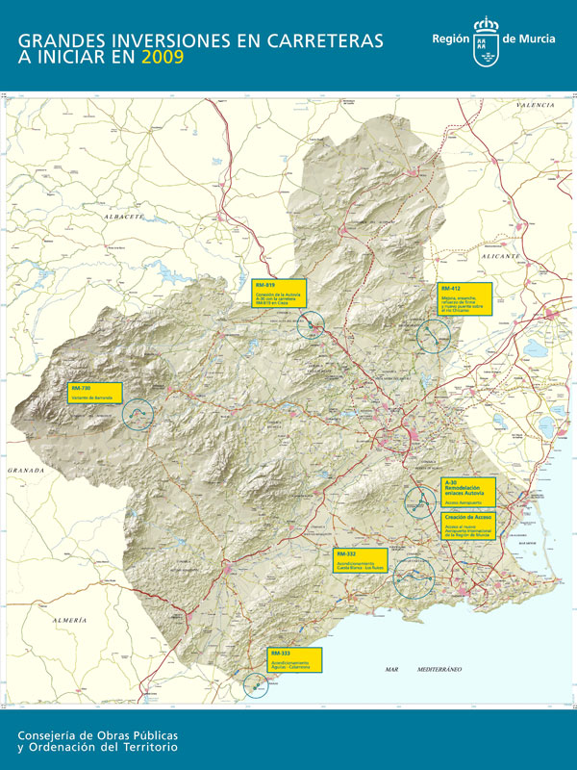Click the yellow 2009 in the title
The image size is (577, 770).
point(161,58)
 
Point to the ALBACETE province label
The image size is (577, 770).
point(124,218)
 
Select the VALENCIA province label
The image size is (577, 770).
point(535,103)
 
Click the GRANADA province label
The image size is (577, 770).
point(26,469)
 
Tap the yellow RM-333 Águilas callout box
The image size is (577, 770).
point(294,659)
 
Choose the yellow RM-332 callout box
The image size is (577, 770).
point(361,561)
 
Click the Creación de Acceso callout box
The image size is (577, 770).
point(468,526)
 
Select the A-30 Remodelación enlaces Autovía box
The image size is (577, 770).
point(468,492)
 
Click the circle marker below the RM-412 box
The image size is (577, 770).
point(435,336)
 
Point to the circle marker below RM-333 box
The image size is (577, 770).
point(257,685)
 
